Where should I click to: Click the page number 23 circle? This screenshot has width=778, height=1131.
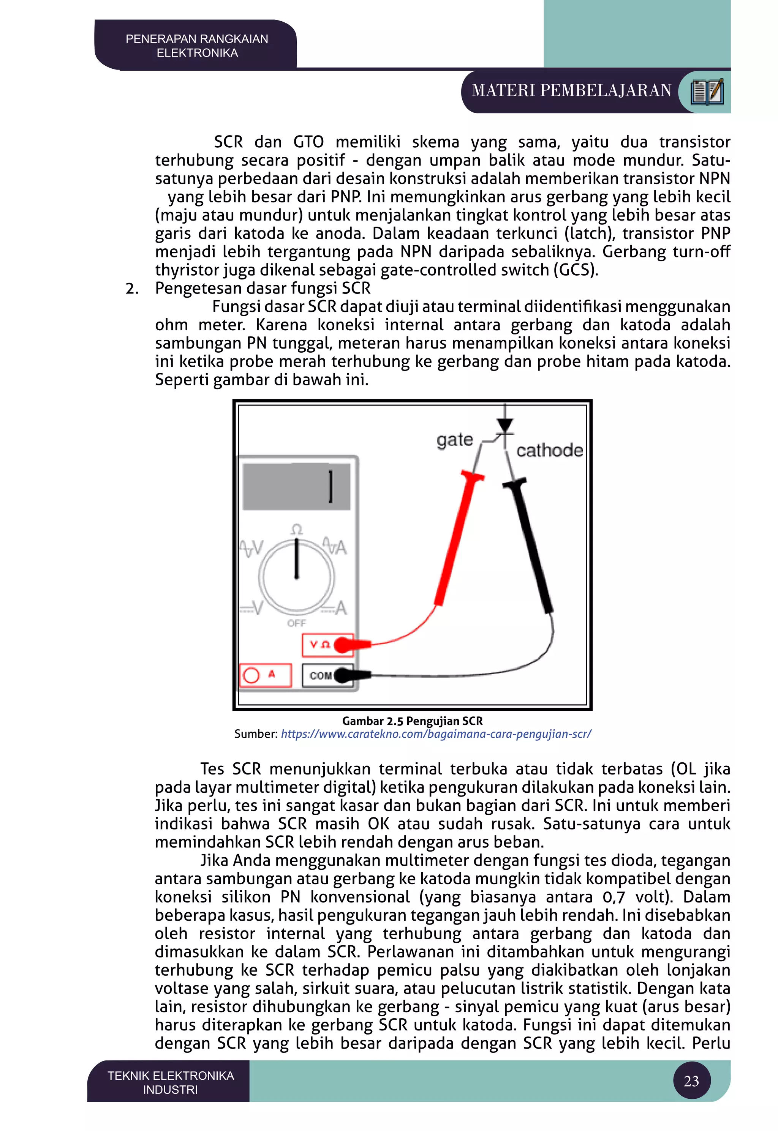click(x=691, y=1081)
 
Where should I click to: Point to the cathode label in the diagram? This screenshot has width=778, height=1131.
click(x=549, y=451)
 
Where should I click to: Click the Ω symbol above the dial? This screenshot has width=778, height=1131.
click(x=296, y=530)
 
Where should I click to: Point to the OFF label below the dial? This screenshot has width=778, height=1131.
click(x=296, y=623)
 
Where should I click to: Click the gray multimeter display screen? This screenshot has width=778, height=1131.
click(x=296, y=486)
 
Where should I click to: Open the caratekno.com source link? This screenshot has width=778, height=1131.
click(x=436, y=734)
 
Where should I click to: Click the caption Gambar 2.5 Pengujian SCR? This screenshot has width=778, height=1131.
click(x=413, y=721)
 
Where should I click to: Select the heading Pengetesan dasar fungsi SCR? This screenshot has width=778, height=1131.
click(x=263, y=289)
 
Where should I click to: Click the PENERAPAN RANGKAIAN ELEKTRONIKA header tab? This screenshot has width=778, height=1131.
click(x=196, y=46)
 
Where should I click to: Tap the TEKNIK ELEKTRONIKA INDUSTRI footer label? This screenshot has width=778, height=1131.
click(x=171, y=1082)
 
